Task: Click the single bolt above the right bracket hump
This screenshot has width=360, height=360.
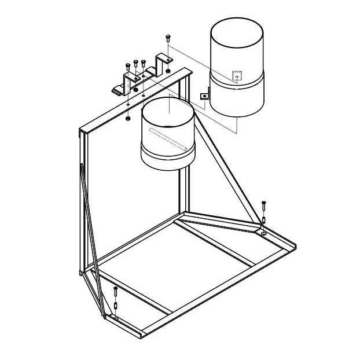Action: tap(167, 38)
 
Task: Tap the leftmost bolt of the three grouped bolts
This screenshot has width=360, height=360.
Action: tap(127, 66)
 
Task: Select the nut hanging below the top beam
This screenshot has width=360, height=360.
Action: tap(127, 118)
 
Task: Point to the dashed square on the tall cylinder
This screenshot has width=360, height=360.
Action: tap(237, 76)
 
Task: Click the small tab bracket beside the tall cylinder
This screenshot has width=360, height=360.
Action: tap(204, 95)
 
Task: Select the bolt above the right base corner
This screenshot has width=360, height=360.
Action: tap(264, 205)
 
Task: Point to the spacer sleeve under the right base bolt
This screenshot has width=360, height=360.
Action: tap(264, 221)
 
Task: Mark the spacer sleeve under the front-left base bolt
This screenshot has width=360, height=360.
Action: tap(116, 306)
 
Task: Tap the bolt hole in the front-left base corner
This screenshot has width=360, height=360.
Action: tap(116, 318)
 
